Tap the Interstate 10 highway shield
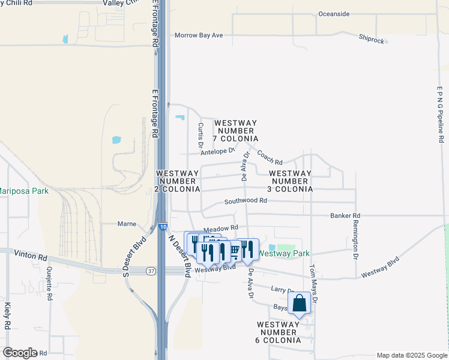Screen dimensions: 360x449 164,227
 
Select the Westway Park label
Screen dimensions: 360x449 284,254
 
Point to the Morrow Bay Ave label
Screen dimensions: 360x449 199,35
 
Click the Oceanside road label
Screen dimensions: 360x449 334,14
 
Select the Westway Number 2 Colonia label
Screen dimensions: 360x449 176,181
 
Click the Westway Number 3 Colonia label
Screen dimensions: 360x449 291,181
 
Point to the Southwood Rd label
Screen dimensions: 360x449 246,201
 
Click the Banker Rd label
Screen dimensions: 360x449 345,215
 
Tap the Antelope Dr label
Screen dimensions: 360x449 217,151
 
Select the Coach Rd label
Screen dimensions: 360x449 270,157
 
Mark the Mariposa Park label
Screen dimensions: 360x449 23,191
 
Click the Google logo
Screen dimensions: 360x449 20,353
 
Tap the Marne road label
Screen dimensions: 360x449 127,224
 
